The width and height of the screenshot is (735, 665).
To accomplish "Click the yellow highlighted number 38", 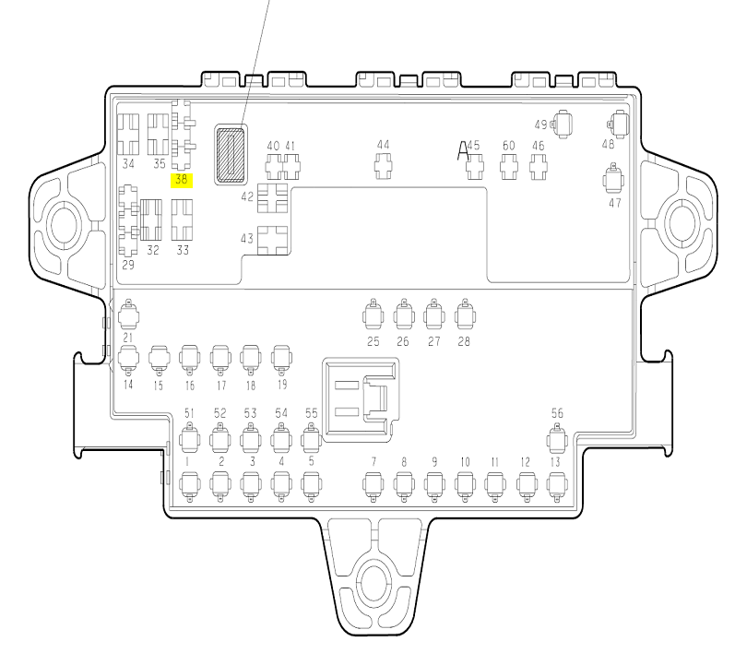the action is coord(182,180).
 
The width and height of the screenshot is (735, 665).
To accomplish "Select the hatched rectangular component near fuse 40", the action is coord(231,155).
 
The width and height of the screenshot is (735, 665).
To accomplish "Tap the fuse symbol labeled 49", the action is coord(562,125).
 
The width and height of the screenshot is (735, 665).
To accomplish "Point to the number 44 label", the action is coord(384,145).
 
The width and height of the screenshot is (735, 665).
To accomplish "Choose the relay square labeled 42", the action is coord(272,197).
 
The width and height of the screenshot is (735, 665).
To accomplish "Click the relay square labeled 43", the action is coord(272,241).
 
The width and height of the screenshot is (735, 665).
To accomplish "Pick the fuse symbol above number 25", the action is coord(373,315).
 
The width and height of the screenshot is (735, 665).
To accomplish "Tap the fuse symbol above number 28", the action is coord(466,315).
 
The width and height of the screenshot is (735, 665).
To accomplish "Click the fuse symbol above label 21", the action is coord(128,315).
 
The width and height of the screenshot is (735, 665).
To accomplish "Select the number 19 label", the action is coord(282,385).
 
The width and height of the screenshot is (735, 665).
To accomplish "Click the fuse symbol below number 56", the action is coord(557,439).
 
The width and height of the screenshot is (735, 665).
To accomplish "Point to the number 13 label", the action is coord(555,462).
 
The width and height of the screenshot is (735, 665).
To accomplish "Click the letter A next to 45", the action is coord(463,151).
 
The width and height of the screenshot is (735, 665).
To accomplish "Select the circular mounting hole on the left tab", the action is coord(65,224).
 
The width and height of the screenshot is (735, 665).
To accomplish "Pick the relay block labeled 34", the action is coord(128,134).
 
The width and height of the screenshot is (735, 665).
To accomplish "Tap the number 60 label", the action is coord(508,146).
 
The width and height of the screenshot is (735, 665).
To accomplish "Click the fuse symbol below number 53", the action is coord(251,439).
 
